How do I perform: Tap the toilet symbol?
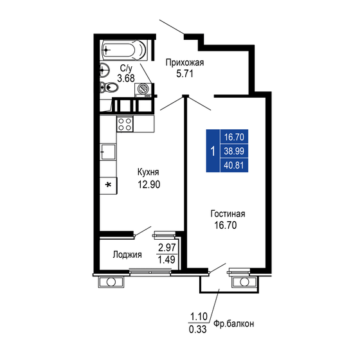pos(110,88)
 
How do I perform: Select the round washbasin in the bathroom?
pos(105,70)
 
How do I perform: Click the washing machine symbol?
pos(143,90)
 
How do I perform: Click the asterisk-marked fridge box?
pos(108,186)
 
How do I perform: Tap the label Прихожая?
pos(184,62)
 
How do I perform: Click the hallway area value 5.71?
pos(185,74)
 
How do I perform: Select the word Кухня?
pos(147,172)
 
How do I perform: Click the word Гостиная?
pos(228,213)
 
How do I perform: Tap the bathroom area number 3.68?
pos(126,78)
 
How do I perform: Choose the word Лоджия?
pos(127,254)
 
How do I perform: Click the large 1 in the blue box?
pos(212,152)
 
